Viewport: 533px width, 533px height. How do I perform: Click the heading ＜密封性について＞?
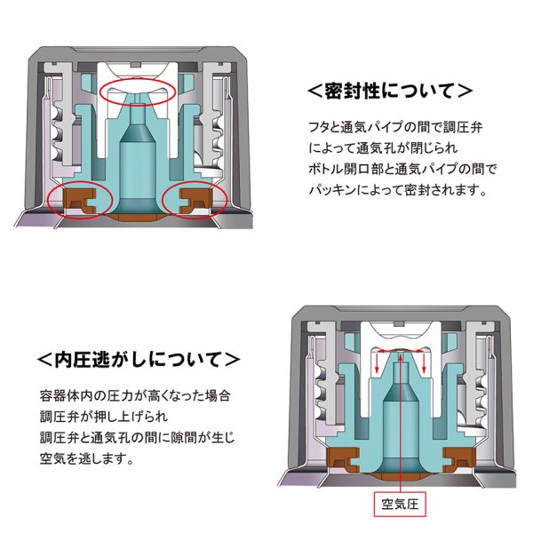(x=388, y=91)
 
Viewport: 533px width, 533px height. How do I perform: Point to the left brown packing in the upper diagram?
(x=78, y=198)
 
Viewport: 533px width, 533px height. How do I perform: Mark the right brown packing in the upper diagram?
(x=194, y=198)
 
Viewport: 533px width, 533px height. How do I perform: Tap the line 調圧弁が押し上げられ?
(x=104, y=415)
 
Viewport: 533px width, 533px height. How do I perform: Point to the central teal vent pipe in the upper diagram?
(x=136, y=155)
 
